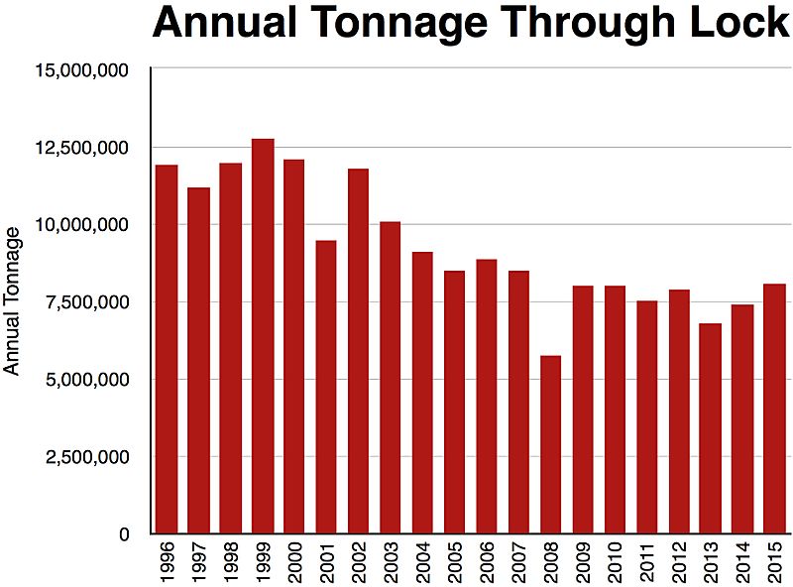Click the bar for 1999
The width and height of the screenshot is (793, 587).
pos(263,336)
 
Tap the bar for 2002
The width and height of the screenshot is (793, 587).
pos(359,351)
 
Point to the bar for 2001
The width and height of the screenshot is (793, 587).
pos(327,387)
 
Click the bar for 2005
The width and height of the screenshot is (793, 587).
pos(456,402)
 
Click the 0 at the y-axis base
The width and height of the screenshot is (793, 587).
pos(125,534)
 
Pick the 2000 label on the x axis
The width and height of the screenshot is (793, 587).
pos(295,562)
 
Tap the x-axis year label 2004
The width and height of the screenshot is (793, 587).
pos(423,562)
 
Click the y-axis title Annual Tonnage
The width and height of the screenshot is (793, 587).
pos(12,300)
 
